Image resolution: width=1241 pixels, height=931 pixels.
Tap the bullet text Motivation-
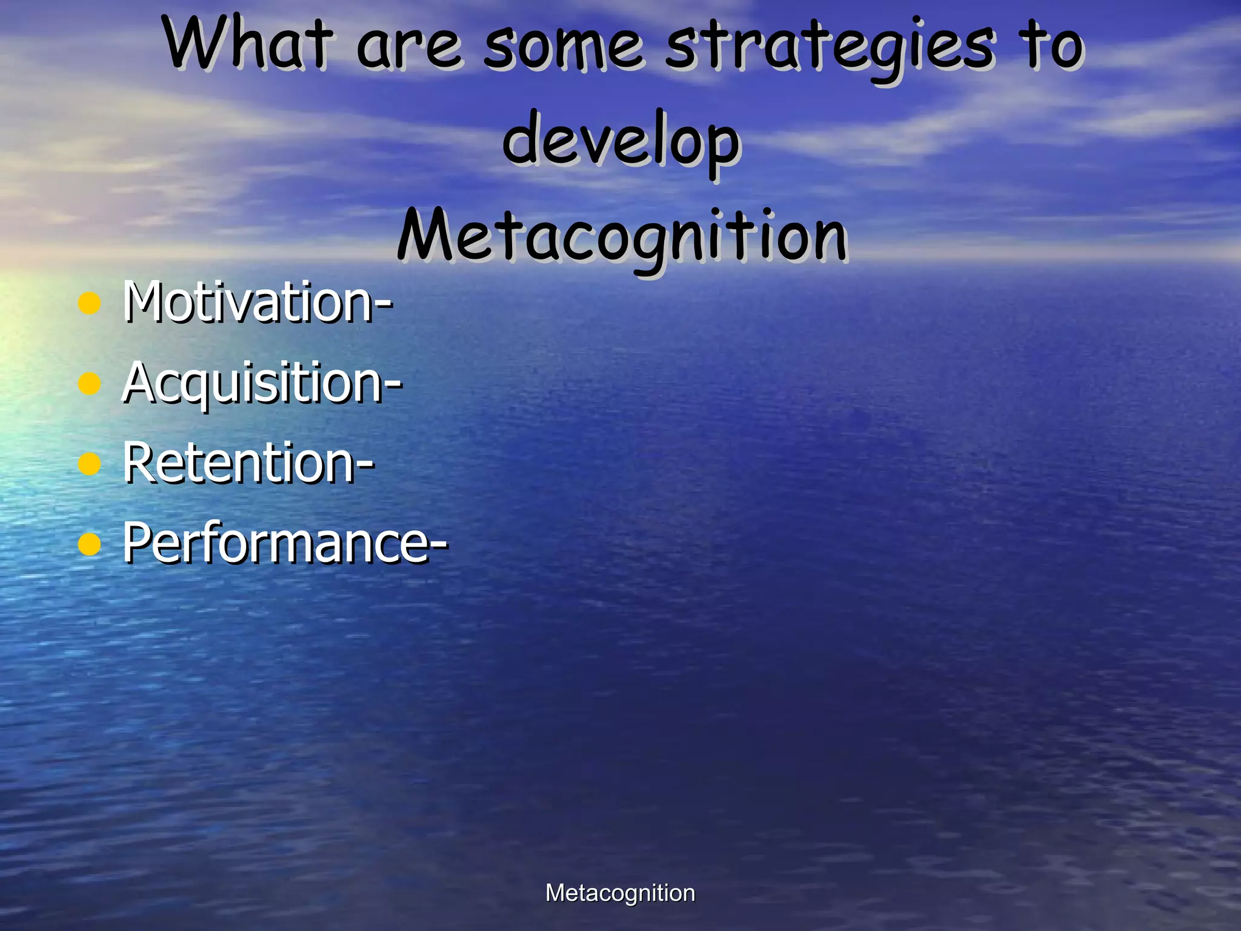pos(258,301)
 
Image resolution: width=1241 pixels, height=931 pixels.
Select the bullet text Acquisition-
pos(262,382)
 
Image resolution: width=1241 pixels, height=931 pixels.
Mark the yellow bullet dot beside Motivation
pos(90,303)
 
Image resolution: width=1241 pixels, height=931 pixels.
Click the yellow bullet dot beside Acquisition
pos(90,384)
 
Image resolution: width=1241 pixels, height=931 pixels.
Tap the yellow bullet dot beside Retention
pos(90,464)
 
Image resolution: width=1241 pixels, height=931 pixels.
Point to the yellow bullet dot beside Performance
pos(90,544)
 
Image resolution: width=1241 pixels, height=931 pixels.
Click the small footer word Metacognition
pos(620,893)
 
